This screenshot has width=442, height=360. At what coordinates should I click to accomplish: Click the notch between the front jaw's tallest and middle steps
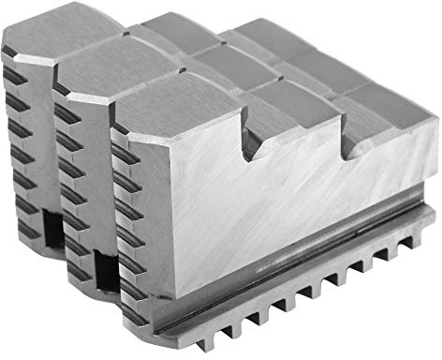[x=251, y=141]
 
